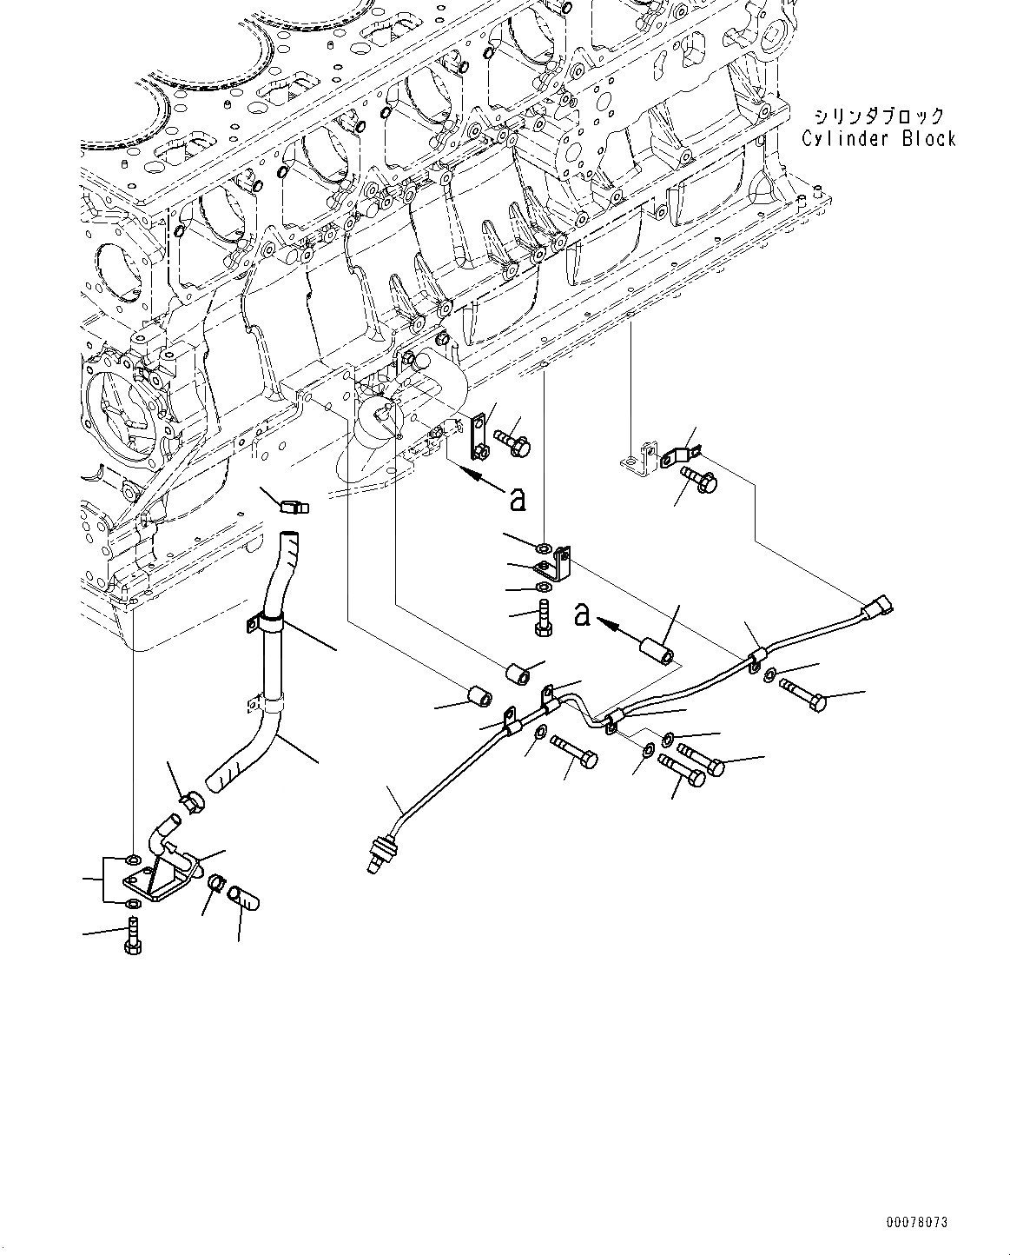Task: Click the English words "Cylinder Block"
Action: [878, 139]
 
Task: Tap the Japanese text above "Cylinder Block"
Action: [879, 116]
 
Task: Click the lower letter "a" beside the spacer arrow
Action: [583, 614]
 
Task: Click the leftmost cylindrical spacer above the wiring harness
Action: [478, 696]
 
